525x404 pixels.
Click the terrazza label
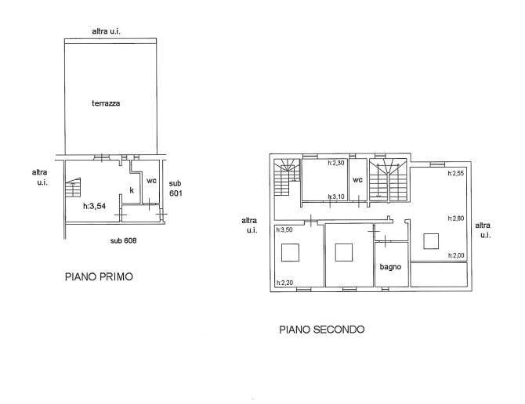click(106, 103)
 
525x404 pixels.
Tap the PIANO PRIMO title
click(99, 277)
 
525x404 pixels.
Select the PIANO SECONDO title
click(322, 330)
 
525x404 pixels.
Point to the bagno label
click(390, 267)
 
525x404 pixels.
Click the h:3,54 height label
click(94, 207)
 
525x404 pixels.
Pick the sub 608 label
click(123, 240)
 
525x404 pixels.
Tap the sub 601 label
click(176, 188)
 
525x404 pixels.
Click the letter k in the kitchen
click(132, 190)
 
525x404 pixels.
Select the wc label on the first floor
click(151, 181)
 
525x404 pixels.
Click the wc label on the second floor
click(357, 180)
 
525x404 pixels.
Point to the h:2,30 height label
click(336, 163)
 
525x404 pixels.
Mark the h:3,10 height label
click(336, 197)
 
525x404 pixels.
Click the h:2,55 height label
click(456, 173)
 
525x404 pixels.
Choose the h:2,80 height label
click(456, 218)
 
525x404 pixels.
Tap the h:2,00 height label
click(456, 255)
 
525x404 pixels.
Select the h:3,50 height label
click(284, 229)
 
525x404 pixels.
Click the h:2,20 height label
click(284, 283)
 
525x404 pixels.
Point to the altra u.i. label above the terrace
click(106, 31)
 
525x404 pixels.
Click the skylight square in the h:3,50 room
click(290, 252)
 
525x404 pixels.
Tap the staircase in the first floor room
click(74, 188)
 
